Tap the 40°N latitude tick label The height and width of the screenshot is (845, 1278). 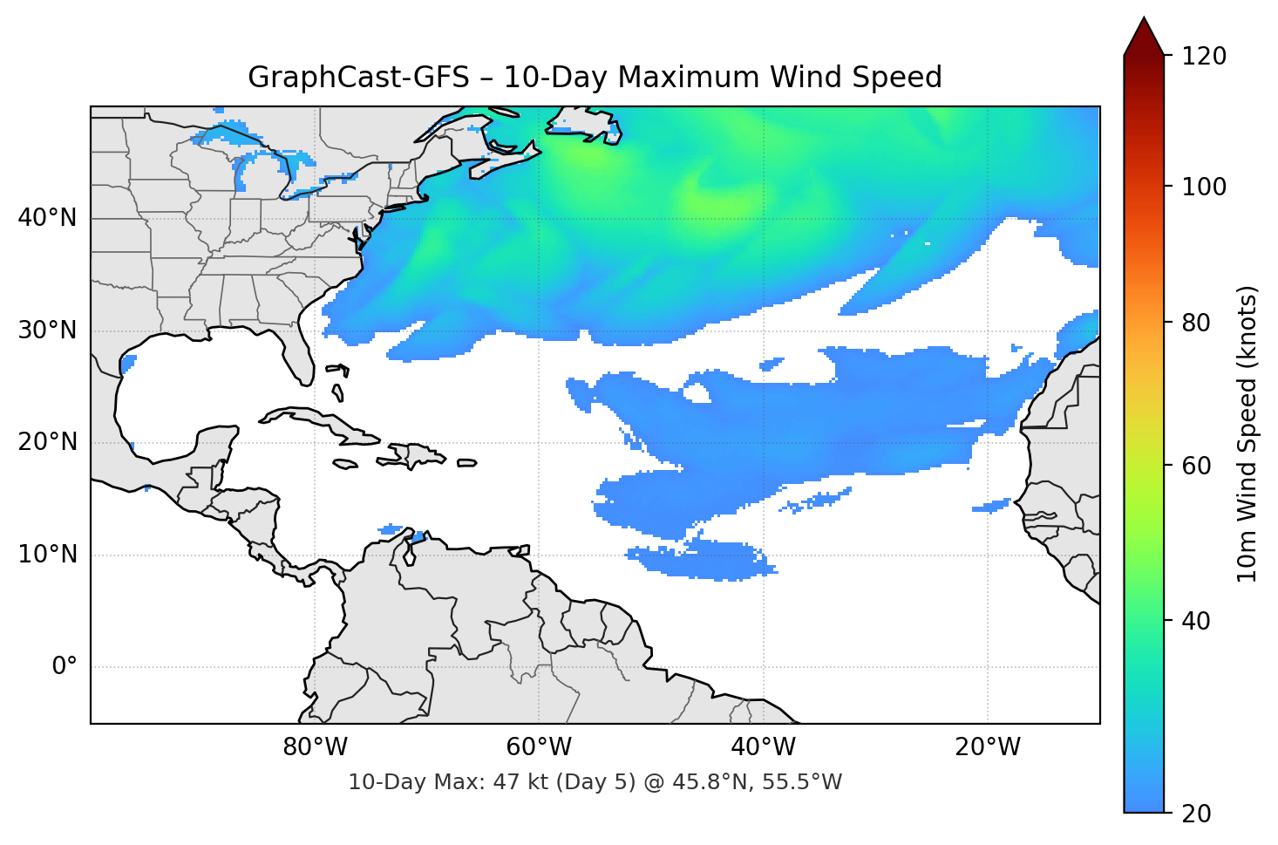pos(47,218)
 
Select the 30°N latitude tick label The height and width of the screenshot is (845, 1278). pos(47,331)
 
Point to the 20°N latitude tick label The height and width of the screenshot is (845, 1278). pos(47,442)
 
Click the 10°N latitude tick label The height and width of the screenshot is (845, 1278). pos(47,555)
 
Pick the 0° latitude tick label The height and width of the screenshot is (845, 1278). pos(65,667)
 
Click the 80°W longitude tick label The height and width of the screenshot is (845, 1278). pos(315,747)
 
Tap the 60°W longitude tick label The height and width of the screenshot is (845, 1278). pos(539,747)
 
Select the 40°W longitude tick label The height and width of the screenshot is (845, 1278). pos(763,747)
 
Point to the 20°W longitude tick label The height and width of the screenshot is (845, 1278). pos(987,747)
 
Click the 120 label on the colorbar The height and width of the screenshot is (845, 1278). pos(1204,57)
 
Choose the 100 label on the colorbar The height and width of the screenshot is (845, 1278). pos(1204,187)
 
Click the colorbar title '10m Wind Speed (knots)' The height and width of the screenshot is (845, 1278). pos(1247,434)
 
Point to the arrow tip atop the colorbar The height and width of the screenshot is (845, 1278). pos(1144,19)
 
